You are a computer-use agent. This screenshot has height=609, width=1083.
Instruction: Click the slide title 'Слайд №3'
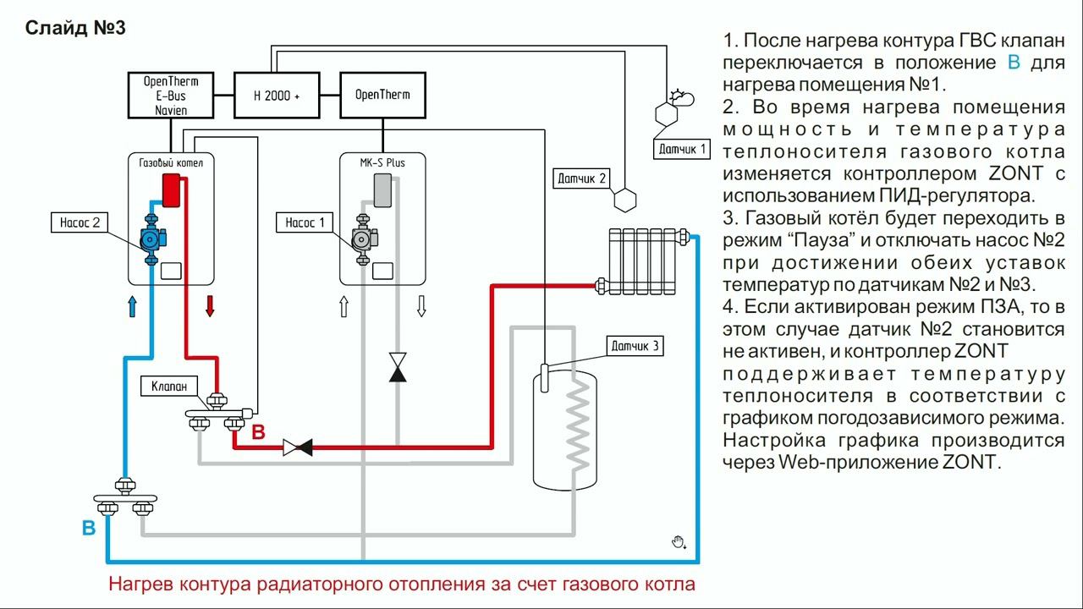coord(75,28)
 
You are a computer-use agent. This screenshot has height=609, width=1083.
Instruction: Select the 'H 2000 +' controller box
coord(277,96)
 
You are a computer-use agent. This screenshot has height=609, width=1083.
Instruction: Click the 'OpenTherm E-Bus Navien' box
coord(171,96)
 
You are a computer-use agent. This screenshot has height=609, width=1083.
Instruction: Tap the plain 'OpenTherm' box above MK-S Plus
coord(382,95)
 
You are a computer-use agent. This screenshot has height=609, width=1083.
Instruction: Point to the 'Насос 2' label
coord(80,223)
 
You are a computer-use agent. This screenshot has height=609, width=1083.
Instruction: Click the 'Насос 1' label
coord(305,223)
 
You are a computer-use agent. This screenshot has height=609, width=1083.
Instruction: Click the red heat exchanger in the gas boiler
coord(173,190)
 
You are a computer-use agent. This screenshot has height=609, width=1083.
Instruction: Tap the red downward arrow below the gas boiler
coord(210,306)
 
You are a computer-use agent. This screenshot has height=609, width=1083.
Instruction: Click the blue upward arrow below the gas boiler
coord(132,306)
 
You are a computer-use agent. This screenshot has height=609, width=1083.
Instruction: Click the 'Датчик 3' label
coord(635,346)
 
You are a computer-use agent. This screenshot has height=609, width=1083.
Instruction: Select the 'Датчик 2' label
coord(582,178)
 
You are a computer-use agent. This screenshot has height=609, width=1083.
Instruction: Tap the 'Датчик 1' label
coord(682,150)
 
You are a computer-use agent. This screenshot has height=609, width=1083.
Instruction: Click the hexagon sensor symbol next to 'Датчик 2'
coord(624,199)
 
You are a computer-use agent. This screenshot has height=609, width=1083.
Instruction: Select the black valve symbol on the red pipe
coord(297,447)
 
